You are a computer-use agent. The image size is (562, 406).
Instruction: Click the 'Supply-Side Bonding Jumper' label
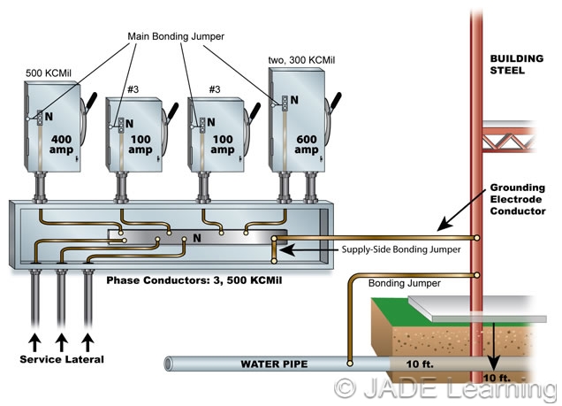(x=402, y=250)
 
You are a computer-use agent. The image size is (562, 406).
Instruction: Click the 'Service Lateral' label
(x=61, y=360)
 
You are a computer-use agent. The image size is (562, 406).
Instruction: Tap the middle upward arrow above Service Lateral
(x=61, y=340)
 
